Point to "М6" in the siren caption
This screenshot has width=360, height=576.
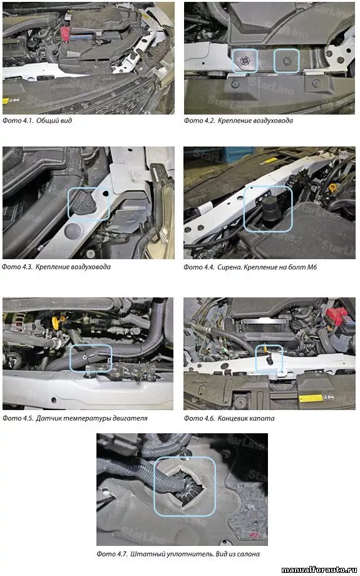point(312,267)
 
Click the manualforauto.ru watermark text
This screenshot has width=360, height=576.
point(319,570)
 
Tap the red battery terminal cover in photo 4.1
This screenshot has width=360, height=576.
point(65,30)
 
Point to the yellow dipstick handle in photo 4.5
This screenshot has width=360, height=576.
point(56,323)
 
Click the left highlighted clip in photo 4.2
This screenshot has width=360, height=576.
point(244,61)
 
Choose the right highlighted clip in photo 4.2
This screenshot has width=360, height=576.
point(287,60)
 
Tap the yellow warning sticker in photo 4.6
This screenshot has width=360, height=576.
point(311,398)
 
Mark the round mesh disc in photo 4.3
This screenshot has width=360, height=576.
point(73,230)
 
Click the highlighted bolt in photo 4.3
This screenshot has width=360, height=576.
point(88,203)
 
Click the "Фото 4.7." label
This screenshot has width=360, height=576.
point(112,554)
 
